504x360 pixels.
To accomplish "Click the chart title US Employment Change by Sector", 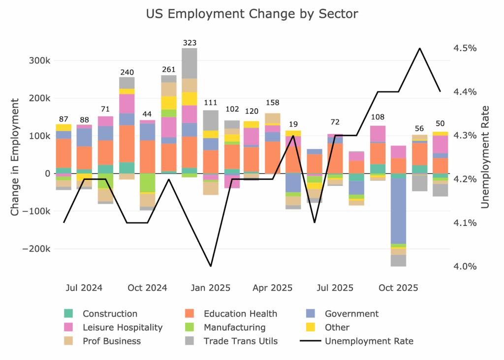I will click(x=252, y=14).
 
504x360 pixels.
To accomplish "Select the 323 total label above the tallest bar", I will click(x=189, y=43).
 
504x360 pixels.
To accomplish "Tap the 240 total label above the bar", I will click(x=126, y=72).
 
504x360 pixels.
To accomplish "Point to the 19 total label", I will click(x=294, y=125).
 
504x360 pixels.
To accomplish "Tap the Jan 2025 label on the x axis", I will click(x=211, y=288).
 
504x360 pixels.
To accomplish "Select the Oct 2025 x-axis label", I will click(x=399, y=288).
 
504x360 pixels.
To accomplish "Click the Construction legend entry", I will click(x=110, y=314).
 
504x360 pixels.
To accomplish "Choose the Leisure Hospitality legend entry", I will click(x=123, y=328).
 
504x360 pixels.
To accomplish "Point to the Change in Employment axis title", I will click(x=15, y=156).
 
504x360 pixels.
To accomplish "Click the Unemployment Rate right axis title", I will click(x=485, y=156).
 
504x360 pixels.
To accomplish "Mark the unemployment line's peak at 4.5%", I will click(x=419, y=48).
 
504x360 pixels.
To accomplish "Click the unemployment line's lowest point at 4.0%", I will click(x=211, y=266).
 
